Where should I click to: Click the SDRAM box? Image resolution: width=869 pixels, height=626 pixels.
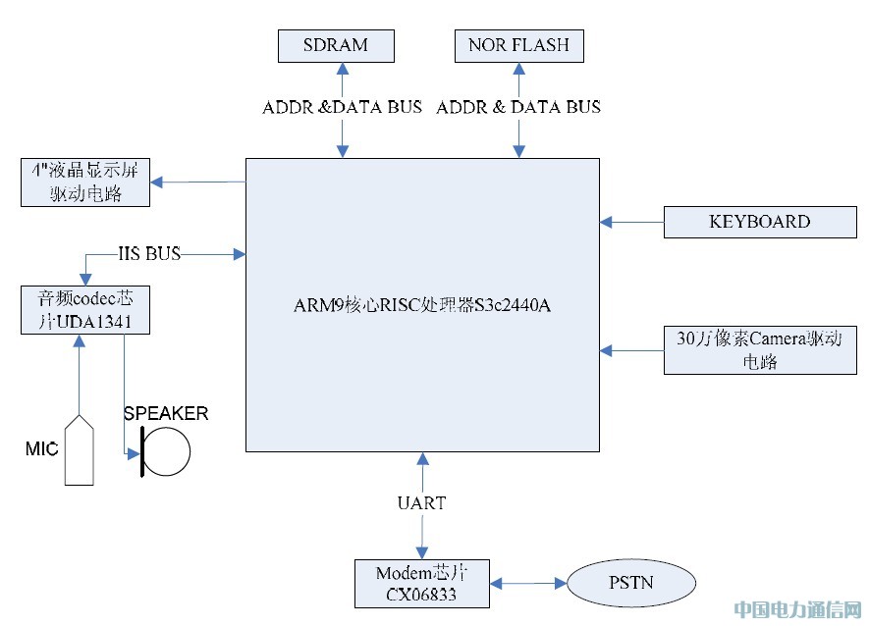click(x=336, y=45)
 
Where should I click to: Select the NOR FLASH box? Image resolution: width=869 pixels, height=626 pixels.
click(x=518, y=45)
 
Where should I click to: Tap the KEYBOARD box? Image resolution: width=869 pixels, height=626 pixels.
click(x=760, y=222)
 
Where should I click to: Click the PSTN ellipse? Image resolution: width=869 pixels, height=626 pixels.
click(x=631, y=583)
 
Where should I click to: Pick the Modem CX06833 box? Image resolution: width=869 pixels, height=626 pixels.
click(x=422, y=584)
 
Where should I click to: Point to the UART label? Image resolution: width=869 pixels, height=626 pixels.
click(x=422, y=503)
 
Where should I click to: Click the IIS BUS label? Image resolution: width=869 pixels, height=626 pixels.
click(x=149, y=254)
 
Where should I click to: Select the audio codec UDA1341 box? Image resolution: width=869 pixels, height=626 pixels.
click(x=85, y=310)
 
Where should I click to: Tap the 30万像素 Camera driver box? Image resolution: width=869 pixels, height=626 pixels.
click(x=760, y=350)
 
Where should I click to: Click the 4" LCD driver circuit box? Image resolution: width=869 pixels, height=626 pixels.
click(x=85, y=183)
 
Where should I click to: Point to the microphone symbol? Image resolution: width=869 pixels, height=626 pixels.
click(x=80, y=449)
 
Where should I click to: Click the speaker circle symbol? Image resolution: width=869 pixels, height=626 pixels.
click(x=166, y=451)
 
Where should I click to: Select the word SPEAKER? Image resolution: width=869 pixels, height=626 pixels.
click(x=166, y=413)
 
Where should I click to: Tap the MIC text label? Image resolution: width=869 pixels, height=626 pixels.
click(x=41, y=448)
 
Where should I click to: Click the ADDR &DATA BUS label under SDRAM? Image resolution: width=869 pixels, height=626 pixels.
click(x=342, y=107)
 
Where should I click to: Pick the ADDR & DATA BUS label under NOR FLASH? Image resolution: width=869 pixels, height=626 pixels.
click(x=518, y=107)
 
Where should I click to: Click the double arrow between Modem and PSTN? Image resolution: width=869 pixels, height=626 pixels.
click(x=528, y=584)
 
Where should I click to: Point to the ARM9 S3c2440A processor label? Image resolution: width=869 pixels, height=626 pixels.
click(x=422, y=305)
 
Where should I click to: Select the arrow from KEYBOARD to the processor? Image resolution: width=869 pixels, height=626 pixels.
click(x=631, y=222)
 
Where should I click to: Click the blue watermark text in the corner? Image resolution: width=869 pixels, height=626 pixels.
click(x=798, y=609)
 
